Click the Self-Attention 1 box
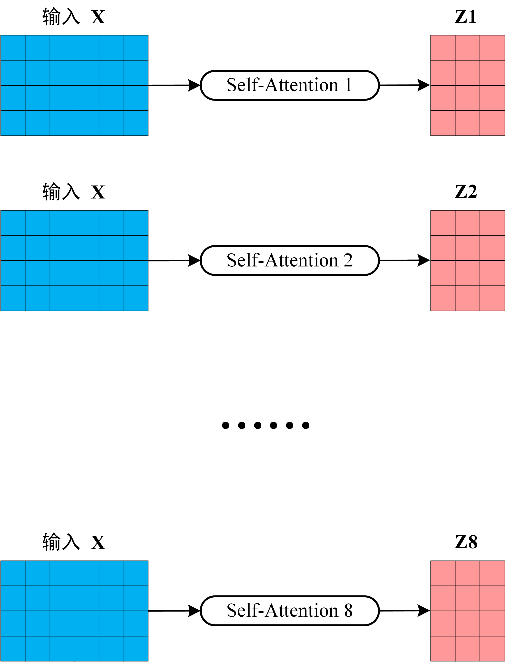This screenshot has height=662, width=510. [289, 85]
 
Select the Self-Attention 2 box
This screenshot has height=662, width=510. [289, 260]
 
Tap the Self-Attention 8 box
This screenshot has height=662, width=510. [289, 611]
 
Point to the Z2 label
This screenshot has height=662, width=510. [466, 192]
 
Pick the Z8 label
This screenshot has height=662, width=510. [466, 542]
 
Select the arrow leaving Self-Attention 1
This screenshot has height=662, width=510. [404, 85]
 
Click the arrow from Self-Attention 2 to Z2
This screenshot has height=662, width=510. [404, 260]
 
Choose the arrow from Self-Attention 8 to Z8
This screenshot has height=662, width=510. [404, 611]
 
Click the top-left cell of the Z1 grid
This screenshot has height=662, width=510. [443, 48]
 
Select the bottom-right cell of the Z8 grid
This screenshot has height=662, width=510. [492, 648]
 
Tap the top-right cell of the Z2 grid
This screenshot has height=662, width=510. [492, 223]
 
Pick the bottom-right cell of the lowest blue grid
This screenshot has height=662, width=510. [136, 648]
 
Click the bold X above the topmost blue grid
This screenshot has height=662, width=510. [98, 17]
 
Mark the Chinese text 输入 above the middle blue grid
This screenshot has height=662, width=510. [61, 192]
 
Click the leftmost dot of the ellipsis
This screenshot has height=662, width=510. [225, 426]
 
